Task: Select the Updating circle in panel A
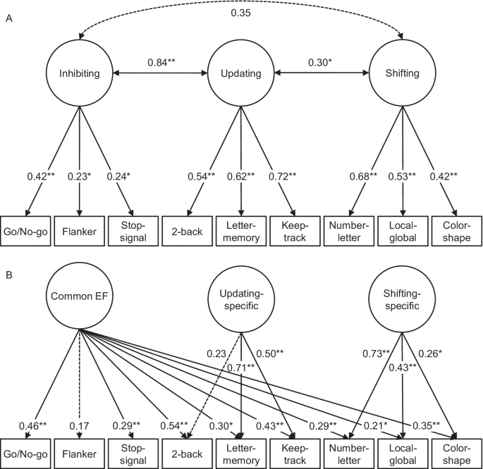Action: coord(242,73)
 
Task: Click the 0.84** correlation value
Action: coord(163,63)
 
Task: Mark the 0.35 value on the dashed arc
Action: coord(240,13)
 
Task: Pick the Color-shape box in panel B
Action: coord(457,450)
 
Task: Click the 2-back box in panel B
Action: coord(188,450)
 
